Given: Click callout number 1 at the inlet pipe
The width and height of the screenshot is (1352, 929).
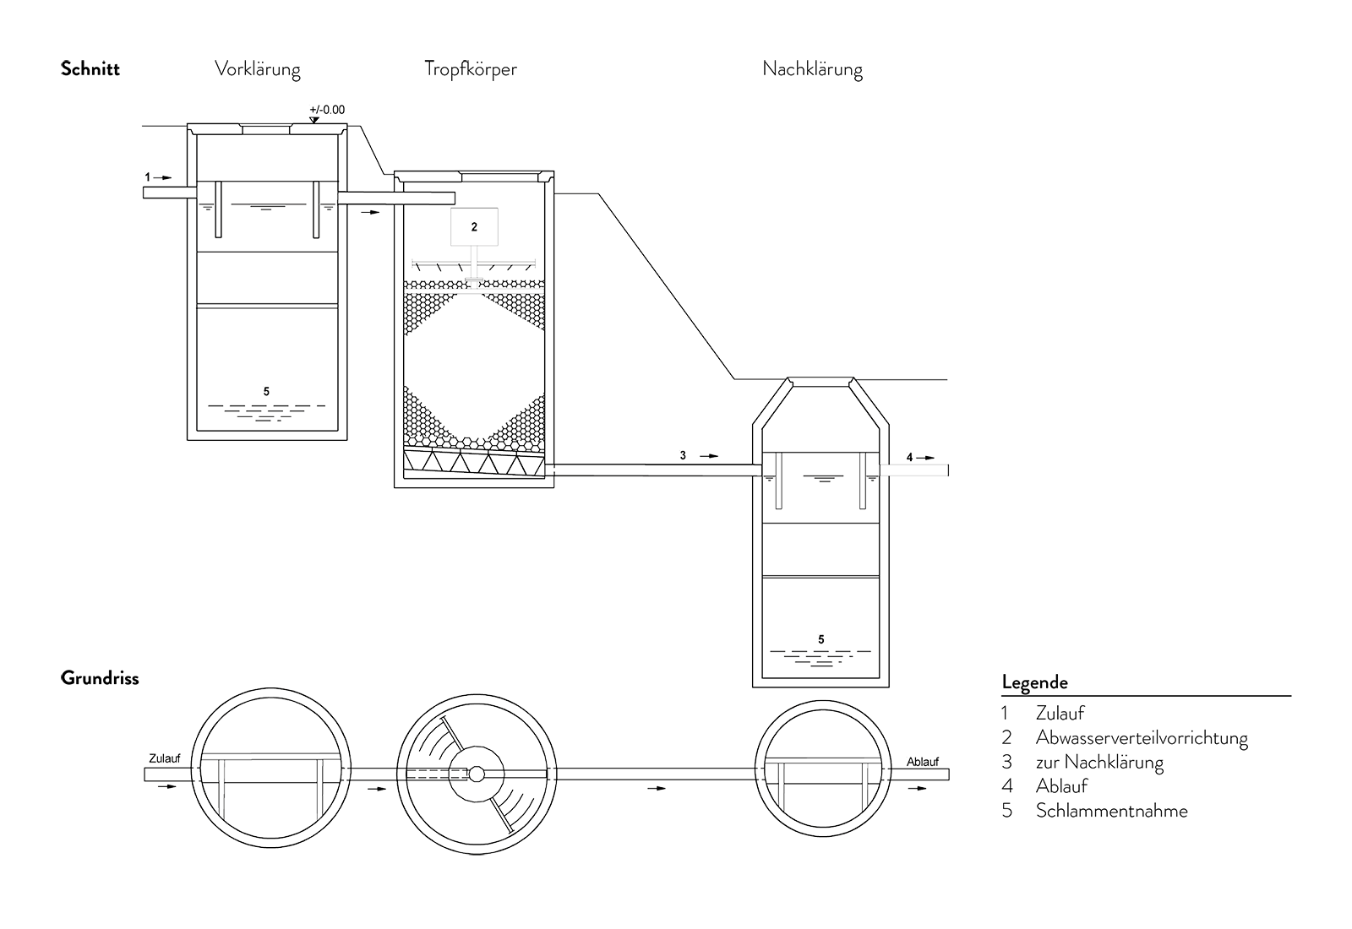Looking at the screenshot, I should tap(149, 177).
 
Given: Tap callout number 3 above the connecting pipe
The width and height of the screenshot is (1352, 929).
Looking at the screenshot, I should tap(682, 456).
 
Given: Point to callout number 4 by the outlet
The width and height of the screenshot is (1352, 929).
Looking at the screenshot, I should tap(910, 457).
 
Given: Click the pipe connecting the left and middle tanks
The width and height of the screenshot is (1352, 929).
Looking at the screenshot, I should tap(397, 196).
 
